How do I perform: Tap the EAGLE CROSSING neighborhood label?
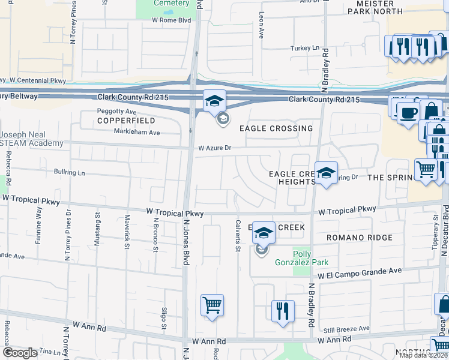276,128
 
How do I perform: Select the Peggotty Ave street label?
118,112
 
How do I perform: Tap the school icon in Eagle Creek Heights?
326,173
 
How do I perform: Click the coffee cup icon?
408,113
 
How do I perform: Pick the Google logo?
20,353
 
